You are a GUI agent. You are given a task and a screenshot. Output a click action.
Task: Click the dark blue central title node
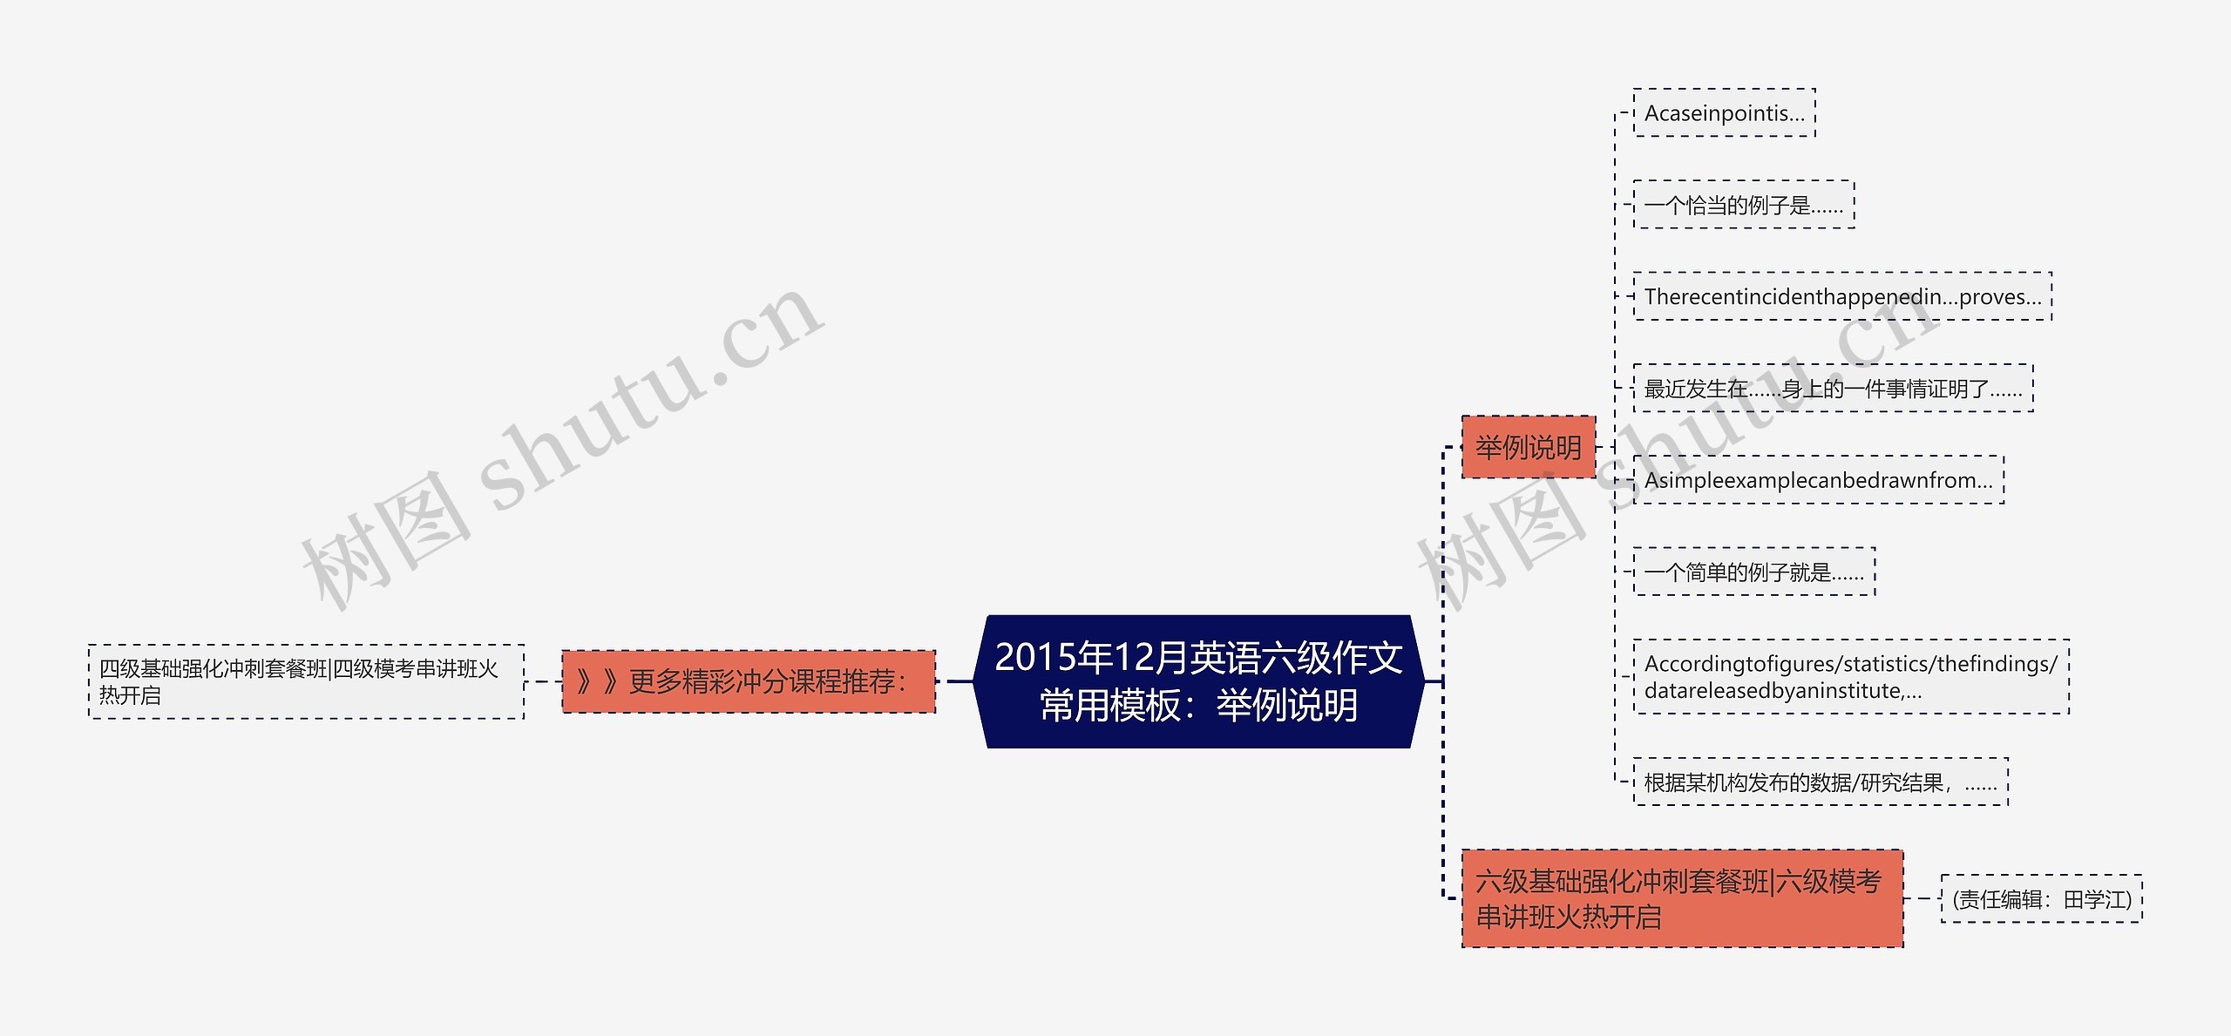coord(1198,681)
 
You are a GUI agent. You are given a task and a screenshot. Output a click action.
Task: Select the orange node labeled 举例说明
coord(1528,447)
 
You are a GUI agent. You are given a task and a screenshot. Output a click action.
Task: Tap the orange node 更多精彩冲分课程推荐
coord(749,681)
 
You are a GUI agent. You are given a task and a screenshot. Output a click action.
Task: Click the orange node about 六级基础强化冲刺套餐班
coord(1682,898)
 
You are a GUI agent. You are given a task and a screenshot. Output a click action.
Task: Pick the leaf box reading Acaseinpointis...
coord(1724,113)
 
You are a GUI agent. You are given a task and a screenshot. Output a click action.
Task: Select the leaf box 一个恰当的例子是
coord(1743,206)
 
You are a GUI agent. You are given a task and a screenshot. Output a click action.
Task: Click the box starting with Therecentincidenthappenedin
coord(1842,297)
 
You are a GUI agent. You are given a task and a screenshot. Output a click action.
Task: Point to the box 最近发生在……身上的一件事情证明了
coord(1833,389)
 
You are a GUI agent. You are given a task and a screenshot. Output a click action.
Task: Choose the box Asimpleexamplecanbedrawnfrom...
coord(1818,480)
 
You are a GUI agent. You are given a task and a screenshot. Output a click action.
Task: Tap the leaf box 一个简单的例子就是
coord(1753,572)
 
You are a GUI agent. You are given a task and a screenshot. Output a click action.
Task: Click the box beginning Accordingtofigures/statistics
coord(1850,677)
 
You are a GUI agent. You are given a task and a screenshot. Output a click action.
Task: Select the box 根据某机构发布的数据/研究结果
coord(1821,782)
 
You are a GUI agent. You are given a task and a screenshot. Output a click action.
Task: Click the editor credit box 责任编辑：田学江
coord(2041,899)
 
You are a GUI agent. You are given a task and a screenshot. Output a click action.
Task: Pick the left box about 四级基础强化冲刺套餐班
coord(306,681)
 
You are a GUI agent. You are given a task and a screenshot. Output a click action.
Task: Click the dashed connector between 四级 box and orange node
coord(543,681)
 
